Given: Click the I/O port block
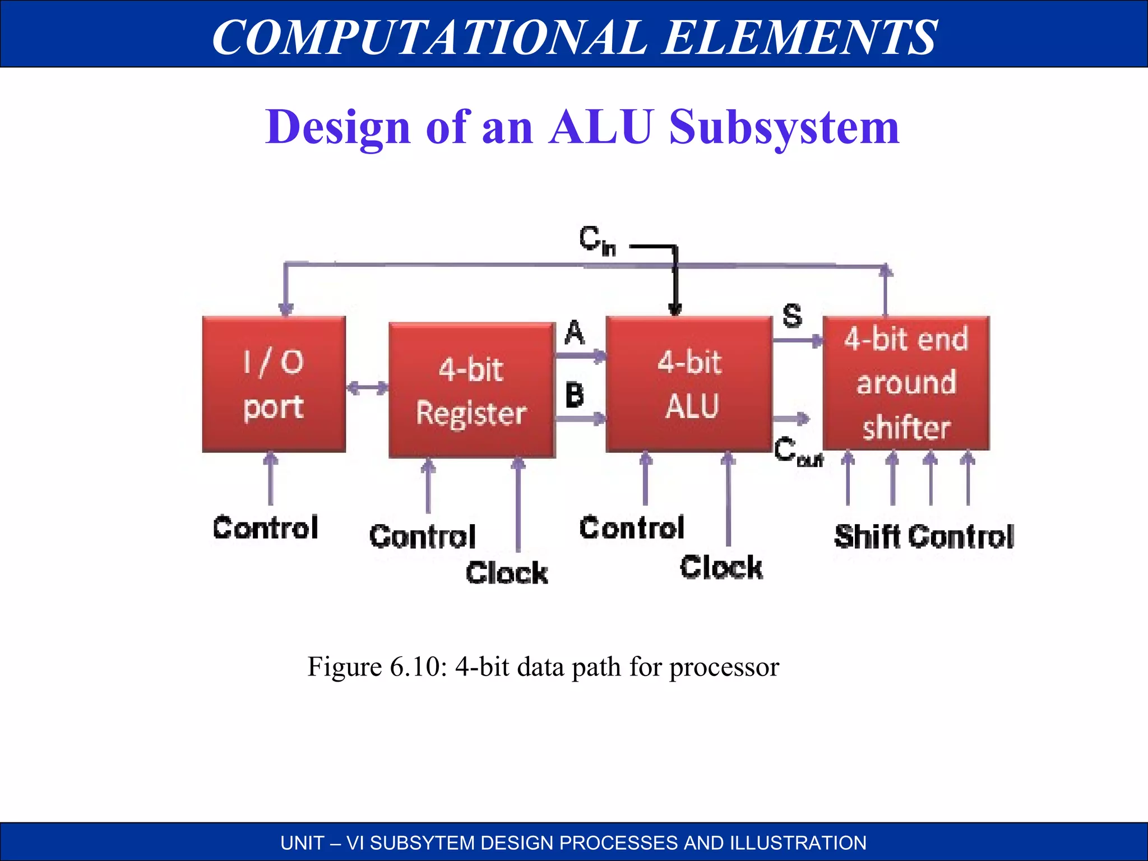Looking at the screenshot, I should (x=274, y=385).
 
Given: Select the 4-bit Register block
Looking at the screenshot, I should (x=471, y=391).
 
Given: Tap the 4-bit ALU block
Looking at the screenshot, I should (x=689, y=385).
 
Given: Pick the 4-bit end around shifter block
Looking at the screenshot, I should (x=906, y=383).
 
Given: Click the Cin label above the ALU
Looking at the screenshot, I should (x=597, y=241).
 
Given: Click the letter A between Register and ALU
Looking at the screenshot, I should (x=575, y=333).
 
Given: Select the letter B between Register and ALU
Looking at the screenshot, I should (x=575, y=395).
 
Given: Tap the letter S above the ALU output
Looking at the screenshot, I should (x=792, y=316).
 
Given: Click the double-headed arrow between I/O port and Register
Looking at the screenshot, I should (x=367, y=388).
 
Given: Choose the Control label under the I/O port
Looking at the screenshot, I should (x=265, y=528).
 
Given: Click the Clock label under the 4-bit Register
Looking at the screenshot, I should (x=507, y=573).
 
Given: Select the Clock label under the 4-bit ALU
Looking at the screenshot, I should (x=721, y=567).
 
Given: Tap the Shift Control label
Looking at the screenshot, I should (x=924, y=536).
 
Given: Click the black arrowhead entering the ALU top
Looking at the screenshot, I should (x=675, y=309).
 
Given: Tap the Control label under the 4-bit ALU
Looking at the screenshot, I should (x=632, y=528).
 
